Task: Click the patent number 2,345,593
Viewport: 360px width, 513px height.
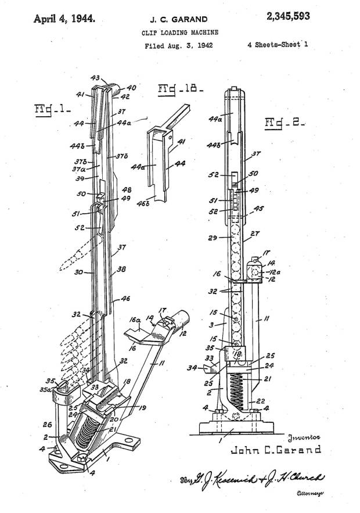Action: pyautogui.click(x=288, y=17)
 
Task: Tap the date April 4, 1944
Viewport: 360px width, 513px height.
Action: pyautogui.click(x=64, y=17)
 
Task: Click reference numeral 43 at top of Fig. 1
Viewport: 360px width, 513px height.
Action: pyautogui.click(x=95, y=77)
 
